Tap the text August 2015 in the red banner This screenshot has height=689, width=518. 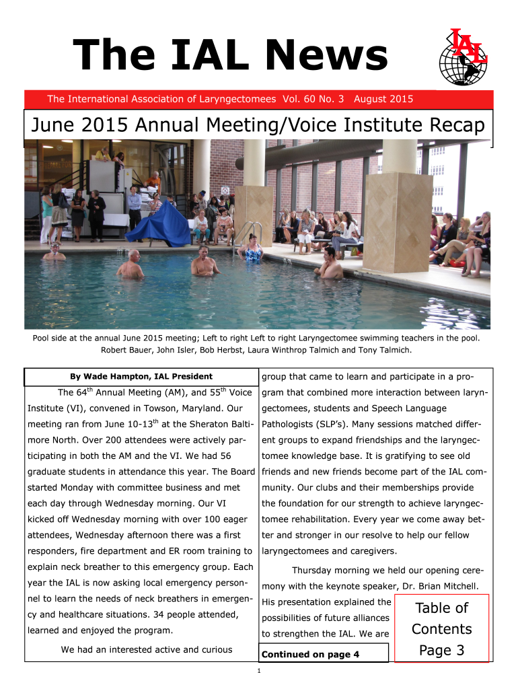pos(383,100)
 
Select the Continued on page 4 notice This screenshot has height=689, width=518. pos(311,654)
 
